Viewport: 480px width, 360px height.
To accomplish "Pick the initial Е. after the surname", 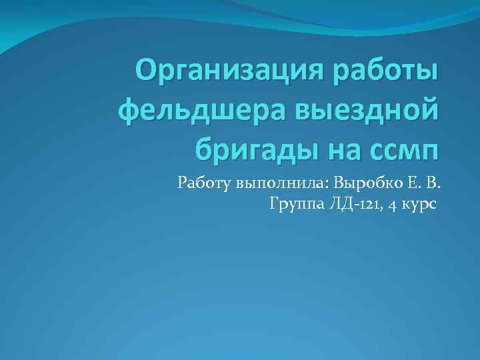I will point(414,181).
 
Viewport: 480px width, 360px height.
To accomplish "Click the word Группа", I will point(295,203).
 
